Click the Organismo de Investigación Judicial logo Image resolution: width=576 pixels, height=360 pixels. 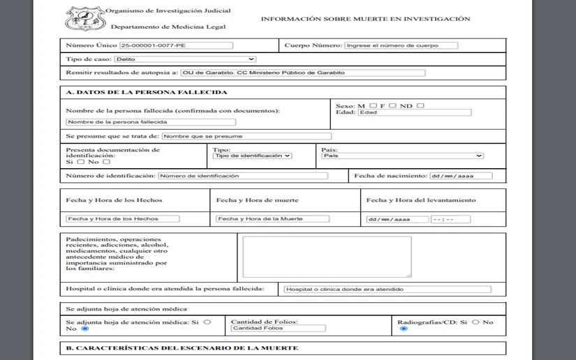85,19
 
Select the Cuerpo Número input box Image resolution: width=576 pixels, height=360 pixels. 401,45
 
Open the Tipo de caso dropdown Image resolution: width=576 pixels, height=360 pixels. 185,59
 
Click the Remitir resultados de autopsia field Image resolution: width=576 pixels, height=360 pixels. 302,73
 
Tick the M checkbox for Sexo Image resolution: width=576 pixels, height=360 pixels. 374,105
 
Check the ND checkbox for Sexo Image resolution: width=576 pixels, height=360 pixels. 420,105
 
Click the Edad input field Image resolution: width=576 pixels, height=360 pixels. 415,112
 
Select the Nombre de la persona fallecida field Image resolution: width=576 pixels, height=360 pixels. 131,121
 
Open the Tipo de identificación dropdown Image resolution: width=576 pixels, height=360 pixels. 252,156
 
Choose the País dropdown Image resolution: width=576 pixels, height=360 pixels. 402,156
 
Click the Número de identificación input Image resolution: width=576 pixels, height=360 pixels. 242,176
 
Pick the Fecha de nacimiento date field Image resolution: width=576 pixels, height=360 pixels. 460,176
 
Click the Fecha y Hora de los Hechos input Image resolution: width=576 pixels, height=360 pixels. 122,218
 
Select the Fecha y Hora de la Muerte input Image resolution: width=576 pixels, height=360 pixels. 272,218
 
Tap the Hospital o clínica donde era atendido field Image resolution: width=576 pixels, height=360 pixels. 386,289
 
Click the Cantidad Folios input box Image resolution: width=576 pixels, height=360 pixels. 278,328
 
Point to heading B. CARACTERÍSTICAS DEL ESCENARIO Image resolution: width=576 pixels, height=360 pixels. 182,347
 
